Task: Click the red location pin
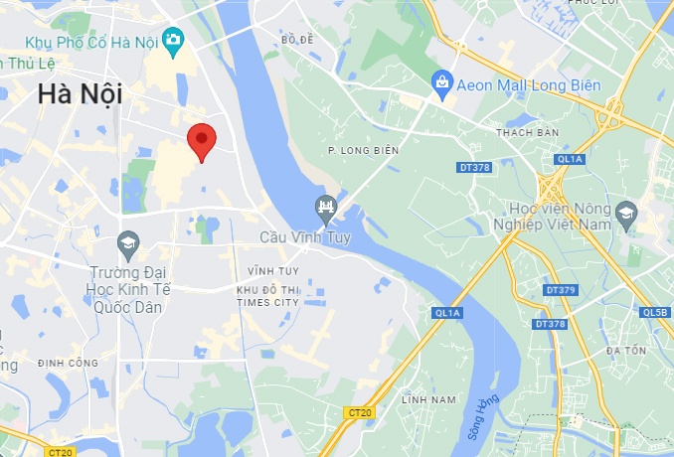pos(202,140)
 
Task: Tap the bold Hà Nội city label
pos(80,95)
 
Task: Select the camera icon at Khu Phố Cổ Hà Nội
pos(174,41)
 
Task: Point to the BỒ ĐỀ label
pos(297,40)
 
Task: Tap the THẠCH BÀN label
pos(527,132)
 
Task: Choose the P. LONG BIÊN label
pos(363,150)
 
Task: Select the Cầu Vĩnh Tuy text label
pos(307,238)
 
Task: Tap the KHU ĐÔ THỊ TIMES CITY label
pos(267,295)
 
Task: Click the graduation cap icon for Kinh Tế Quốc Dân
pos(127,242)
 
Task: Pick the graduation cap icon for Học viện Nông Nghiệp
pos(625,213)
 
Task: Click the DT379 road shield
pos(561,290)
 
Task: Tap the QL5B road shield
pos(655,313)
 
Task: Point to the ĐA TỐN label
pos(626,351)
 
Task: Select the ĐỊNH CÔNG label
pos(68,364)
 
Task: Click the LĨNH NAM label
pos(427,399)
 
